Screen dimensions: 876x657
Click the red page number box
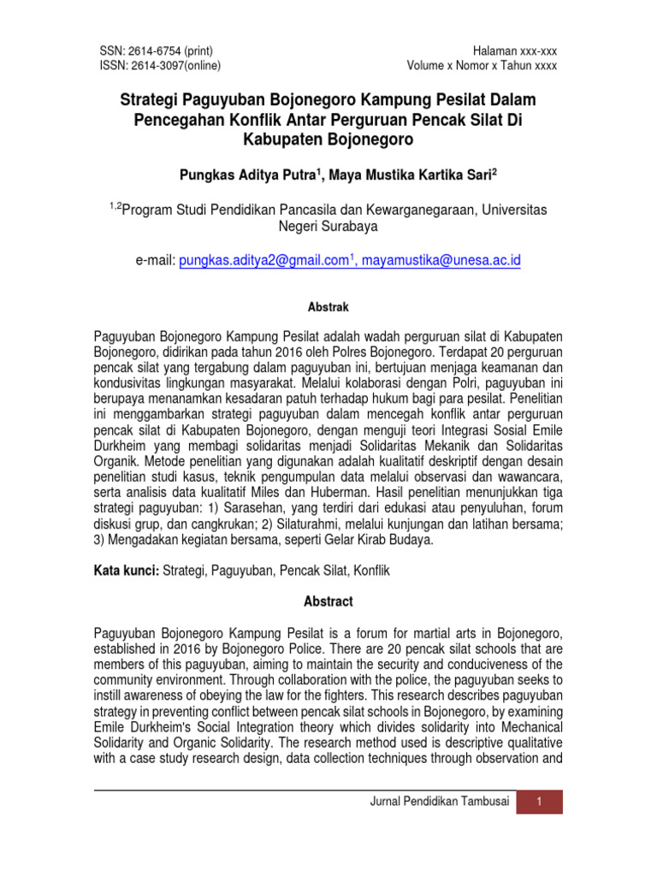point(540,801)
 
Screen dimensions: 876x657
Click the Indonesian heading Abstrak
point(328,305)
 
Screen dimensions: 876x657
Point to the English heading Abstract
point(328,601)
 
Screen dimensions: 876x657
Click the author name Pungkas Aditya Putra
point(248,175)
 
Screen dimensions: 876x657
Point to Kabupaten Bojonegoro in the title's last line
point(328,139)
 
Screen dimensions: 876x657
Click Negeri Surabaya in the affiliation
point(328,227)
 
